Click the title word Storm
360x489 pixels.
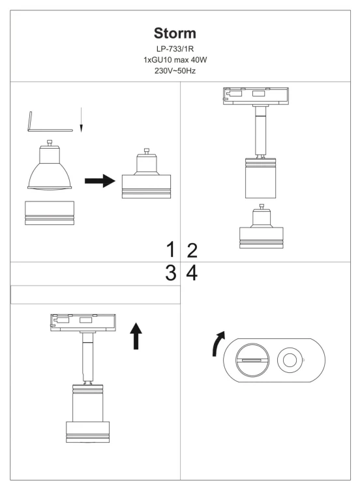tap(175, 33)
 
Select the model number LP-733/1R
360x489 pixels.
tap(175, 49)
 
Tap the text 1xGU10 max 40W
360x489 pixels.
tap(175, 60)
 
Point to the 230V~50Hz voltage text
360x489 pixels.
tap(175, 71)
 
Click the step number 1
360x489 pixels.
tap(171, 250)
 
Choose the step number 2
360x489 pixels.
tap(192, 250)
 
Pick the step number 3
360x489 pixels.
tap(171, 273)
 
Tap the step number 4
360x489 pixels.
tap(192, 273)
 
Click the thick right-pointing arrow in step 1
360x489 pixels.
tap(100, 181)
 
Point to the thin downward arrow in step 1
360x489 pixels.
tap(81, 120)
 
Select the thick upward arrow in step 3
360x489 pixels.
tap(136, 336)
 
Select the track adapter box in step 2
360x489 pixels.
tap(256, 96)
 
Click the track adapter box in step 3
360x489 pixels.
tap(83, 323)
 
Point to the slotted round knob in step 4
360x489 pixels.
tap(252, 360)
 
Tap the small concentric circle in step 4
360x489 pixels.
tap(290, 360)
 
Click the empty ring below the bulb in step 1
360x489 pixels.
tap(50, 213)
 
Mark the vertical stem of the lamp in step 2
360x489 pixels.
tap(260, 131)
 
